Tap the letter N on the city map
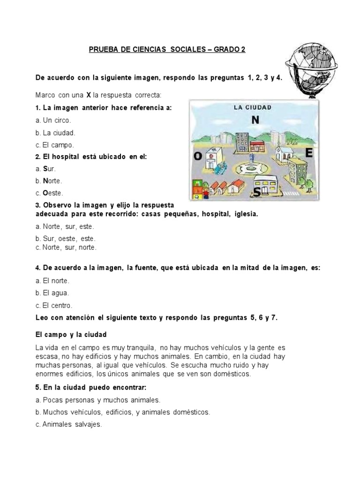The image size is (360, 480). click(x=255, y=120)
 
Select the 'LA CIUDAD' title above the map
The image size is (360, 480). click(x=253, y=107)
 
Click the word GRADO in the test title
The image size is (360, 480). click(x=227, y=50)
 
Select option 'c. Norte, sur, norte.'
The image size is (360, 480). click(x=66, y=247)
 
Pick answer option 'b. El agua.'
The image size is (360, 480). click(x=52, y=293)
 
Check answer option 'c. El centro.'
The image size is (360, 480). click(x=54, y=305)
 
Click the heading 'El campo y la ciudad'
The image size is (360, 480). click(x=71, y=335)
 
